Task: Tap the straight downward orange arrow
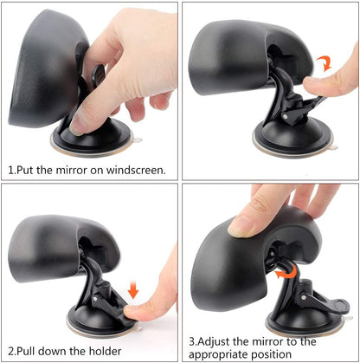click(132, 287)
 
